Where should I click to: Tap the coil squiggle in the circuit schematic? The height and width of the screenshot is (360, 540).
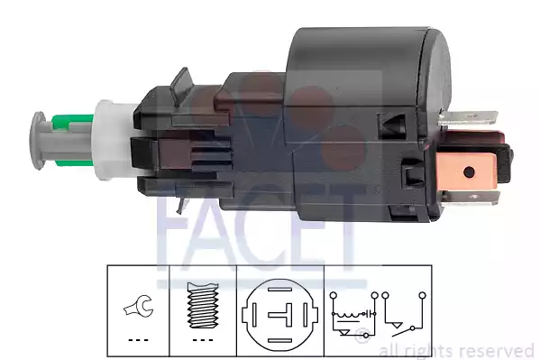[x=348, y=316]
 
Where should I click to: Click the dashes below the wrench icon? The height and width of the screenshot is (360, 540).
[x=138, y=341]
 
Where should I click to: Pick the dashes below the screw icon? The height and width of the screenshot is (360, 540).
[x=204, y=341]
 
